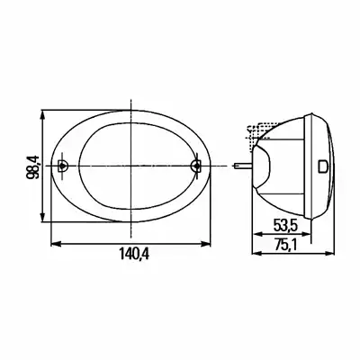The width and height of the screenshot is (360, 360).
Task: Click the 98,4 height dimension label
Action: pos(32,166)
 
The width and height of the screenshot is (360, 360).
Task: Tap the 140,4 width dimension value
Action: pos(134,255)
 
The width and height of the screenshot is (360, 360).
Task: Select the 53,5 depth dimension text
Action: pos(285,225)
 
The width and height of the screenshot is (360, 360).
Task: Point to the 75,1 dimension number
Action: pos(285,246)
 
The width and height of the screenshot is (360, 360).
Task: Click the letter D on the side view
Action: pos(323,166)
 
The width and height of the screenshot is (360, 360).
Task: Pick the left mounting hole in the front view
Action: pos(62,166)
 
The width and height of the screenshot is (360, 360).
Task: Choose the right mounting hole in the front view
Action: pos(196,166)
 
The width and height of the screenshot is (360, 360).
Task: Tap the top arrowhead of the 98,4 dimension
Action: pos(43,114)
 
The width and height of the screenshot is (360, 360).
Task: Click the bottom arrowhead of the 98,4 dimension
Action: pos(43,218)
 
